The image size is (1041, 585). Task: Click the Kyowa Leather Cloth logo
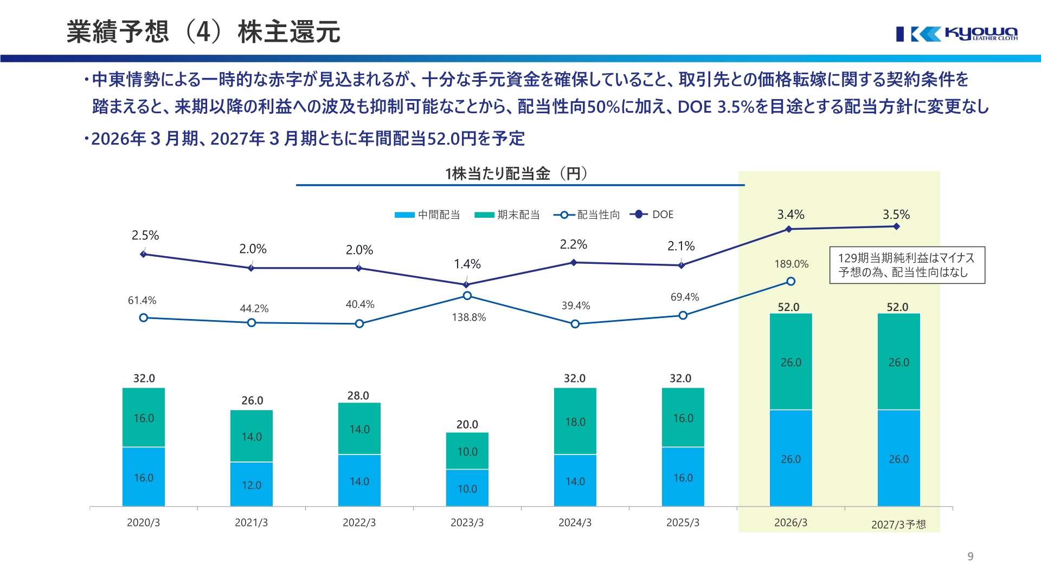point(957,34)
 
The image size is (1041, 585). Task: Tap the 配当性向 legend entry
point(587,215)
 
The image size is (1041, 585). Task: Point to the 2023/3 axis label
point(467,523)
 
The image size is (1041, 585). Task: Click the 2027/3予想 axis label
point(898,524)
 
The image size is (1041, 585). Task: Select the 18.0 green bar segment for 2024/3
point(575,421)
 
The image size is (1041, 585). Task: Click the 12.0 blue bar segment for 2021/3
point(252,484)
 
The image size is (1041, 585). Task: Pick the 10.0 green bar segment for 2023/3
point(467,451)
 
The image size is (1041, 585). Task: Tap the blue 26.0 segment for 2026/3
point(791,458)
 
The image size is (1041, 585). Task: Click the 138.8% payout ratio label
point(469,317)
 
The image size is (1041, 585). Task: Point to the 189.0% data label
point(792,264)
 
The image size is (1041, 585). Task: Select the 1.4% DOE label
point(467,264)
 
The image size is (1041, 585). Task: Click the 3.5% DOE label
point(896,214)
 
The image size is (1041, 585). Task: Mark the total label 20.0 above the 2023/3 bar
point(467,425)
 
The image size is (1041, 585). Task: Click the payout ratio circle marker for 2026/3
point(791,281)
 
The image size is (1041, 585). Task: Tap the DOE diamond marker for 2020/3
point(143,254)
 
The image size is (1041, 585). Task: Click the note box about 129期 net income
point(907,265)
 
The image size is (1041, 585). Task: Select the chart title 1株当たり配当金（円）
point(517,174)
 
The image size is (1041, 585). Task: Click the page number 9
point(971,556)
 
